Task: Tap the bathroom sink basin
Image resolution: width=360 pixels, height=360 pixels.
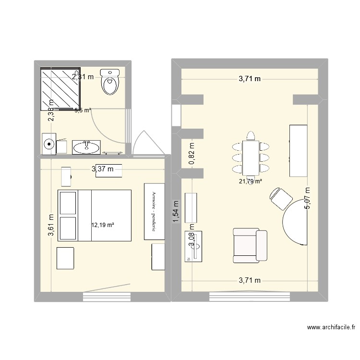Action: point(86,146)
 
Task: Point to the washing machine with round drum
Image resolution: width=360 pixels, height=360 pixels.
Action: point(49,144)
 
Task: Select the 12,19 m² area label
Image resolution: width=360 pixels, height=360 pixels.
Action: point(102,224)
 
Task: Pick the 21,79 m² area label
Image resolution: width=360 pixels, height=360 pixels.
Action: point(251,181)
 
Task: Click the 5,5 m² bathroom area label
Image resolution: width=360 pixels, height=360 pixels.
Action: point(83,110)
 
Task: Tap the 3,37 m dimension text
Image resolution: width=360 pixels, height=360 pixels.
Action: point(103,168)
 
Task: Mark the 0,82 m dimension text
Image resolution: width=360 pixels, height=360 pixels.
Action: point(192,154)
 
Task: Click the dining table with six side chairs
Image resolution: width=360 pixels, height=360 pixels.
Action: point(251,157)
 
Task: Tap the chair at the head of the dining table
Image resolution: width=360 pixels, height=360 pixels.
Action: point(250,135)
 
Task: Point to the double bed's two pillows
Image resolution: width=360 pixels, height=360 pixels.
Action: point(68,215)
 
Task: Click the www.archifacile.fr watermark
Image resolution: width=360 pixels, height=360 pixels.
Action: point(331,327)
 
